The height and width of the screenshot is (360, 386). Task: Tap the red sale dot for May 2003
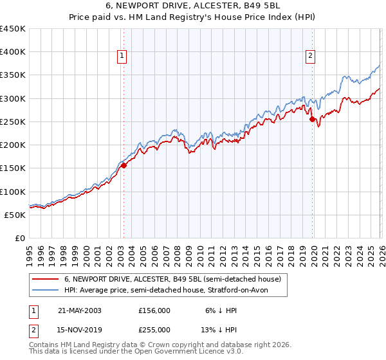pyautogui.click(x=124, y=165)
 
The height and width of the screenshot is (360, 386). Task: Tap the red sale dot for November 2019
pyautogui.click(x=312, y=119)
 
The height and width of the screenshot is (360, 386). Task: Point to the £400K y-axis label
pyautogui.click(x=13, y=52)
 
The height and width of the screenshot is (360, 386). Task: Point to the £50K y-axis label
pyautogui.click(x=15, y=215)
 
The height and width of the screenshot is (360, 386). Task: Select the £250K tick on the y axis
pyautogui.click(x=13, y=122)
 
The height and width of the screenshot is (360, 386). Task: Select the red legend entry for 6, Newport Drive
pyautogui.click(x=172, y=280)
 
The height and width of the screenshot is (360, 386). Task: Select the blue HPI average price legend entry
pyautogui.click(x=165, y=291)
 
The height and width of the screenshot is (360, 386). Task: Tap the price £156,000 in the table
pyautogui.click(x=154, y=310)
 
